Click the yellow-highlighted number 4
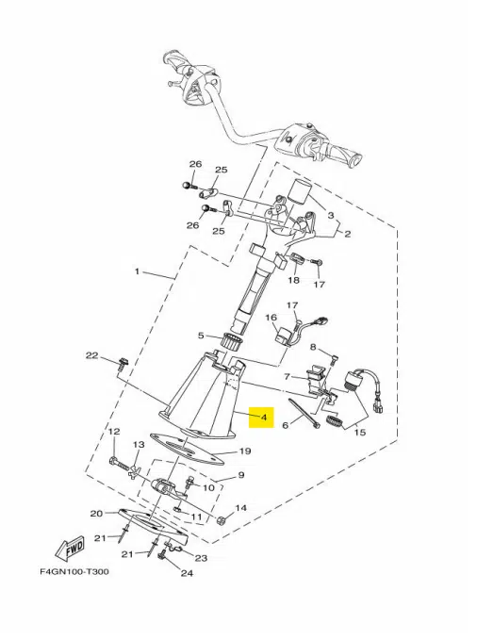(264, 418)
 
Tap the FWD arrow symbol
(71, 548)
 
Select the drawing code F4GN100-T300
(74, 571)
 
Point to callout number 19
(244, 451)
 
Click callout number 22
(91, 355)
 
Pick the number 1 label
(138, 271)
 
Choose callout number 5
(201, 336)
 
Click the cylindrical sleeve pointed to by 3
(300, 190)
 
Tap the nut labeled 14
(221, 520)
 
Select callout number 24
(187, 573)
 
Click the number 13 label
(139, 444)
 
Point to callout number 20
(96, 513)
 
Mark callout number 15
(360, 432)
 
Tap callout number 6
(286, 425)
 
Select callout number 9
(241, 475)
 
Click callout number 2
(347, 234)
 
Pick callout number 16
(271, 317)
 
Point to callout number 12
(114, 431)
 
